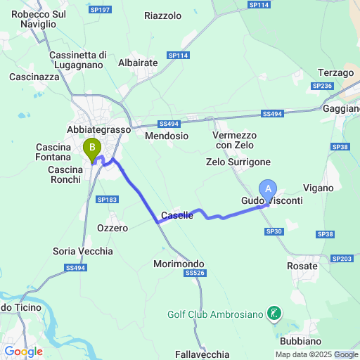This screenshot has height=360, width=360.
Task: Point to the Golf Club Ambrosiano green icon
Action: tap(275, 314)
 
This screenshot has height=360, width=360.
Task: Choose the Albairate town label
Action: tap(139, 63)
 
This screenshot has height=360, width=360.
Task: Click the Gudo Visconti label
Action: tap(272, 201)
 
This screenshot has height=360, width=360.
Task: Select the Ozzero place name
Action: tap(112, 228)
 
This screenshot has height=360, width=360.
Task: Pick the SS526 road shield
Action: tap(193, 273)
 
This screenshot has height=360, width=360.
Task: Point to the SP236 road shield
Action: tap(323, 86)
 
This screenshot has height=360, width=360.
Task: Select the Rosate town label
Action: tap(303, 266)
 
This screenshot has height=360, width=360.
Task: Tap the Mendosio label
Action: tap(167, 136)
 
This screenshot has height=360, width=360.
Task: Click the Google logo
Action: tap(23, 352)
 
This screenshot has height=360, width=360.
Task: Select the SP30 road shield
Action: tap(274, 231)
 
